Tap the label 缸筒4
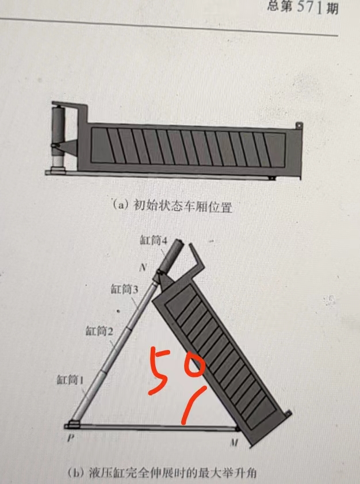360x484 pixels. (154, 241)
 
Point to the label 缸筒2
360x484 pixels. (99, 330)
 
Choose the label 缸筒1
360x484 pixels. (71, 379)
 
